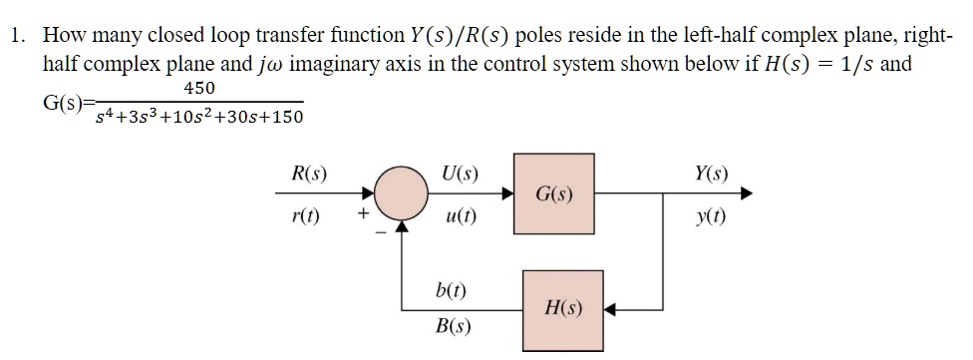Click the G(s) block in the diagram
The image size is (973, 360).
553,192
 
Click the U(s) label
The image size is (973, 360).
458,175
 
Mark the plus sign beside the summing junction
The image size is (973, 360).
364,212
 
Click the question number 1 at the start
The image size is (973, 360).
16,37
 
